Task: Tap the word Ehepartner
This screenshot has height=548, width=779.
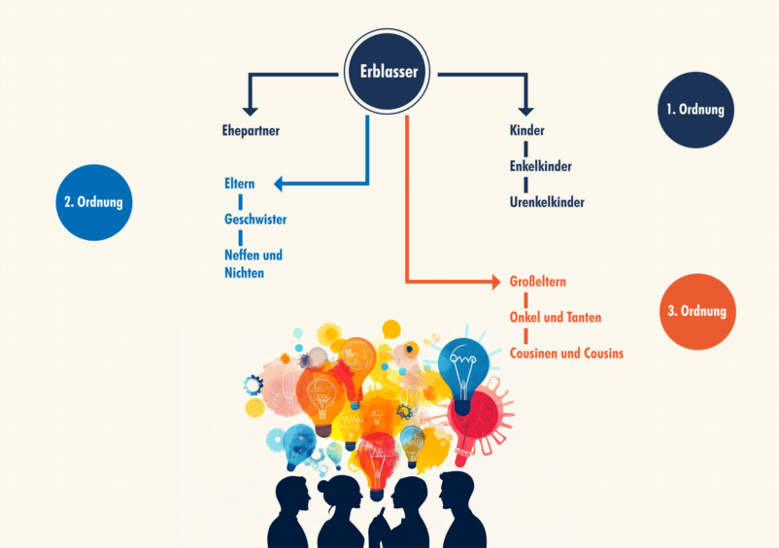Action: tap(251, 130)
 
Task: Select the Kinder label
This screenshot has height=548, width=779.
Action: tap(526, 130)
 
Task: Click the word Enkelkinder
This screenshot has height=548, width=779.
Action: tap(540, 166)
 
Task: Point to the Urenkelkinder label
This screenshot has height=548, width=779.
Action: tap(547, 202)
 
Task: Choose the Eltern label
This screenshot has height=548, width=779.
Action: tap(239, 183)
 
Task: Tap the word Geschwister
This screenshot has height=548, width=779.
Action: tap(255, 219)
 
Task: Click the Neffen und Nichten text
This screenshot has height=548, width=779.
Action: tap(254, 263)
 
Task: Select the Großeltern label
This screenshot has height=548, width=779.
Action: tap(537, 282)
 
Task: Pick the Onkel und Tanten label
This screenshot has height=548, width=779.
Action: tap(555, 318)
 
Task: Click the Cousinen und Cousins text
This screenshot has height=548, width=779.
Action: tap(566, 354)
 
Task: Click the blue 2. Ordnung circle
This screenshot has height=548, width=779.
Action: tap(92, 203)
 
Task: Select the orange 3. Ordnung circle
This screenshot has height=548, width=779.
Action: tap(695, 312)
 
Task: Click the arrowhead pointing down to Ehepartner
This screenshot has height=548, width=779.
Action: tap(251, 109)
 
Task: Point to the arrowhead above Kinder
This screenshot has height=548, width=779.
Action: tap(526, 109)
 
